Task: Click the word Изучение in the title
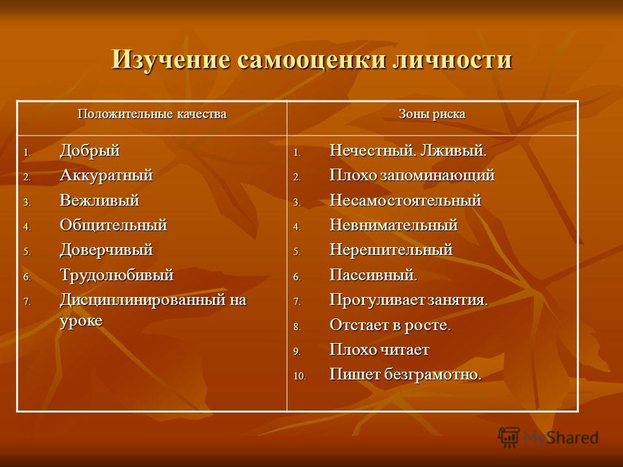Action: (x=171, y=60)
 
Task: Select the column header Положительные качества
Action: (x=152, y=114)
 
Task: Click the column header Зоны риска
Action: (x=432, y=114)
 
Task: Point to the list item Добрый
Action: (x=90, y=151)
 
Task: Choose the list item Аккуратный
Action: (x=106, y=176)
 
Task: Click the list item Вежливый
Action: (x=100, y=200)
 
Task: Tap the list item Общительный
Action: (x=114, y=225)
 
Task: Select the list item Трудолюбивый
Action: (x=117, y=275)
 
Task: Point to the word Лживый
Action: (x=454, y=151)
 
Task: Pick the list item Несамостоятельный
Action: (x=406, y=200)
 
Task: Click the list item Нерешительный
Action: (x=391, y=250)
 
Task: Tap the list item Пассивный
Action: (x=374, y=275)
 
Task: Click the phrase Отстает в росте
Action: (x=390, y=325)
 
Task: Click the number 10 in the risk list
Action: (x=300, y=376)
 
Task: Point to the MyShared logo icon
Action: (x=509, y=437)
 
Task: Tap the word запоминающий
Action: (x=437, y=176)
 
